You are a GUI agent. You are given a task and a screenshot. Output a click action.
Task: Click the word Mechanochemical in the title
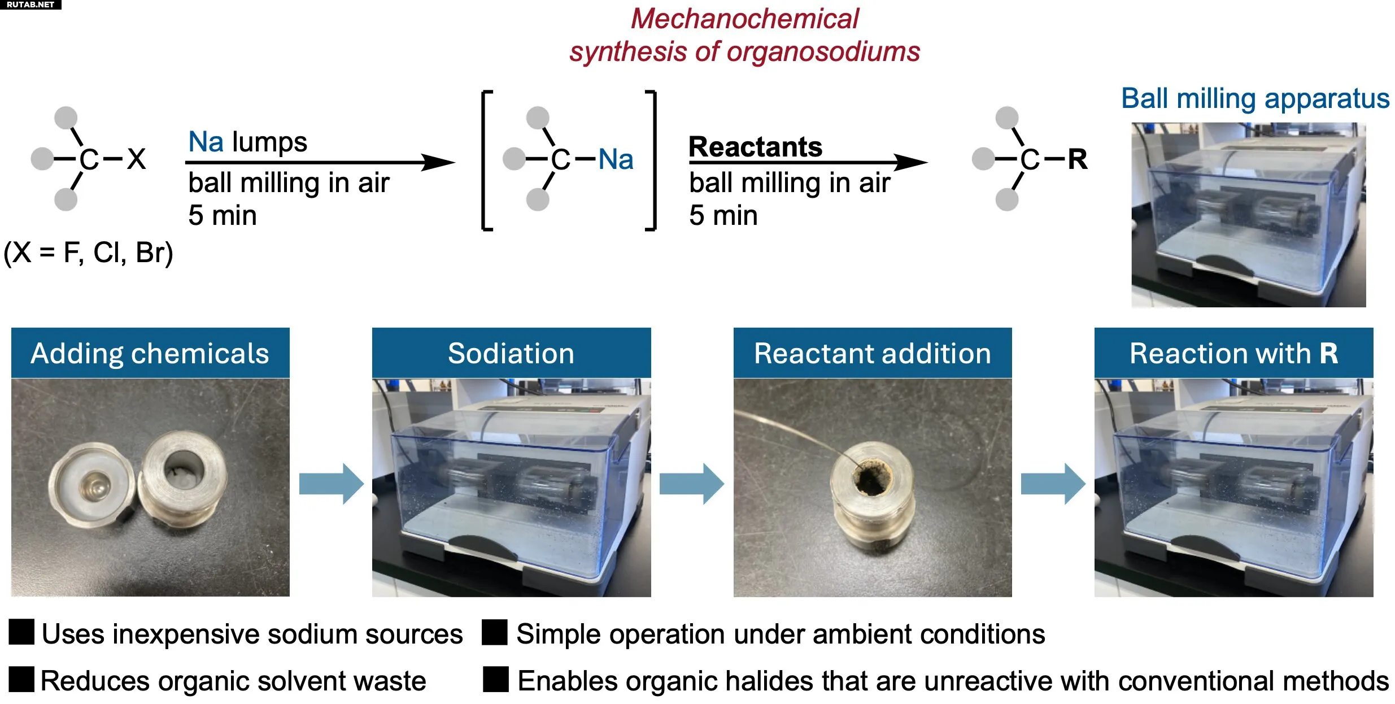click(744, 19)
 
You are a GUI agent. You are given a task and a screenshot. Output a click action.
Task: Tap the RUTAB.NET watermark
click(30, 5)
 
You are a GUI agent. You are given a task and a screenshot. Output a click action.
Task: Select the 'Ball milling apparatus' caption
click(1254, 99)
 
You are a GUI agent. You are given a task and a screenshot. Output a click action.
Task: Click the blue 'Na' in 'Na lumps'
click(206, 142)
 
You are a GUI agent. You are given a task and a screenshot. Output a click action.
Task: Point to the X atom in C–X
click(136, 159)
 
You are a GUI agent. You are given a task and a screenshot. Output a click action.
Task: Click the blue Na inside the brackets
click(615, 159)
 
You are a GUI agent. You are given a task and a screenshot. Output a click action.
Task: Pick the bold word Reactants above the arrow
click(755, 147)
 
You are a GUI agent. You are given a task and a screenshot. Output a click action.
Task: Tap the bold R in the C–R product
click(1077, 159)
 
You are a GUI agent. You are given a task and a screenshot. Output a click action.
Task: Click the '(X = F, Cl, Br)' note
click(88, 253)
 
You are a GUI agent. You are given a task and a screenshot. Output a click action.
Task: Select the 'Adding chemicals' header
click(150, 353)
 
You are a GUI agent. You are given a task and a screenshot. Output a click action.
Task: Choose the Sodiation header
click(511, 353)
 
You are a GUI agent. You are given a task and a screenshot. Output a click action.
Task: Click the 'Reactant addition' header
click(872, 353)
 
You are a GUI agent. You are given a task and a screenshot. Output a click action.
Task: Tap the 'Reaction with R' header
click(1233, 353)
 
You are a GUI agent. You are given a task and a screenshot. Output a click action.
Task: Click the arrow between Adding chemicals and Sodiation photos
click(331, 484)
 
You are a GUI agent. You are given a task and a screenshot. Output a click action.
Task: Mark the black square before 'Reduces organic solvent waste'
click(21, 679)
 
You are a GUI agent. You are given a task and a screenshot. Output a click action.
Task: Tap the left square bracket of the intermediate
click(486, 160)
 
